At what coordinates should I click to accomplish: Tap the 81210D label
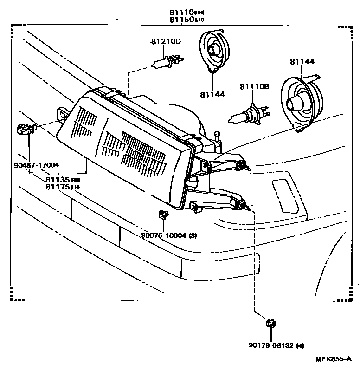click(166, 41)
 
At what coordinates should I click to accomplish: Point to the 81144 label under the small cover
click(212, 94)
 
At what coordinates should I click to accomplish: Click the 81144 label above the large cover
click(302, 61)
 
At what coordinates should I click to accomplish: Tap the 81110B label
click(254, 86)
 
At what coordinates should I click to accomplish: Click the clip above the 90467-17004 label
click(26, 129)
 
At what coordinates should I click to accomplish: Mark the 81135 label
click(58, 179)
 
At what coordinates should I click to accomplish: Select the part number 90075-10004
click(164, 235)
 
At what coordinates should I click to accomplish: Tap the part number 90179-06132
click(270, 345)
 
